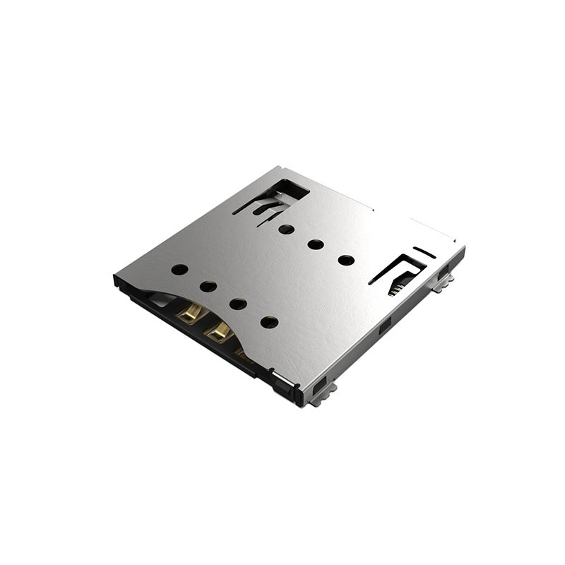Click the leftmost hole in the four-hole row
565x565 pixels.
click(x=179, y=269)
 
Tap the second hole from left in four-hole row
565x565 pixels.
click(x=208, y=286)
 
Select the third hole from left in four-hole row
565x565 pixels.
click(x=238, y=304)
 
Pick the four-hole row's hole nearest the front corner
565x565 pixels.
click(x=269, y=322)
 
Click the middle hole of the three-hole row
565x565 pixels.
click(x=316, y=244)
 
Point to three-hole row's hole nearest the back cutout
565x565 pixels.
click(x=286, y=229)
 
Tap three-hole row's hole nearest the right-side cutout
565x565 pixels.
click(x=346, y=260)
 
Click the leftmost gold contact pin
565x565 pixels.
click(x=189, y=313)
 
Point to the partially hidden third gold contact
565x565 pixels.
click(x=242, y=351)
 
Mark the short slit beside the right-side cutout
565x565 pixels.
click(x=424, y=252)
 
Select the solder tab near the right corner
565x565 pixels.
click(x=443, y=284)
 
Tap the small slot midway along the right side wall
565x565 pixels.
click(x=385, y=326)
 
